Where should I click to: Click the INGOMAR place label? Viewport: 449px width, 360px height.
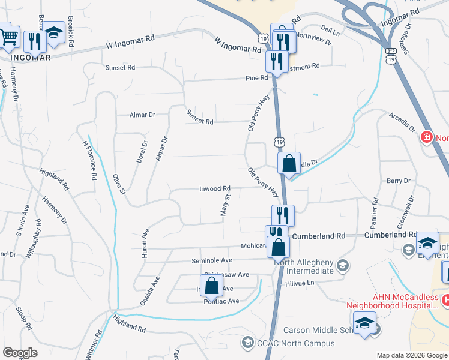pyautogui.click(x=29, y=58)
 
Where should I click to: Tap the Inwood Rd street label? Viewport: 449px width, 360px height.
pyautogui.click(x=215, y=188)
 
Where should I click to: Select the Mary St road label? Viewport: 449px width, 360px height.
pyautogui.click(x=226, y=205)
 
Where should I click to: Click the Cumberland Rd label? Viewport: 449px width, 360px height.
pyautogui.click(x=319, y=236)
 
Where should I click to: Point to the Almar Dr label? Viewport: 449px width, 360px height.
pyautogui.click(x=142, y=114)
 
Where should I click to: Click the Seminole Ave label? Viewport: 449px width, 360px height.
pyautogui.click(x=211, y=260)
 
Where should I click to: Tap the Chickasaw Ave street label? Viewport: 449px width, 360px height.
pyautogui.click(x=227, y=274)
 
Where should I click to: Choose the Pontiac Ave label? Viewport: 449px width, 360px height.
pyautogui.click(x=221, y=301)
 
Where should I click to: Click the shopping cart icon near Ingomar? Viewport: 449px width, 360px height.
pyautogui.click(x=8, y=37)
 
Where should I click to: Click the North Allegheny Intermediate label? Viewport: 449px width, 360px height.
pyautogui.click(x=304, y=266)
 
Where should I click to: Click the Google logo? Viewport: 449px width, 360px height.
pyautogui.click(x=21, y=352)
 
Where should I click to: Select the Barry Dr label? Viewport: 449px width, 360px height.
pyautogui.click(x=398, y=181)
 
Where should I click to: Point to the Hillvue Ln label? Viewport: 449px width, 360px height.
pyautogui.click(x=300, y=283)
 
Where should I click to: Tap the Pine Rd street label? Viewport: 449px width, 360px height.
pyautogui.click(x=256, y=78)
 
